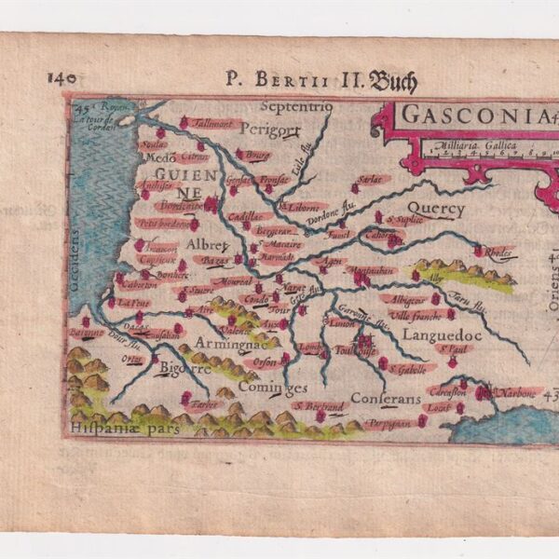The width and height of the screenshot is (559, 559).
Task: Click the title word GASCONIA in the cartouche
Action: (457, 117)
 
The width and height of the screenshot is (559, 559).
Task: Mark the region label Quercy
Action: (435, 210)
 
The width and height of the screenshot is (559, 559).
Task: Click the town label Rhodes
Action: (498, 251)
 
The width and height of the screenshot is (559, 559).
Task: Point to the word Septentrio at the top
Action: (296, 106)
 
